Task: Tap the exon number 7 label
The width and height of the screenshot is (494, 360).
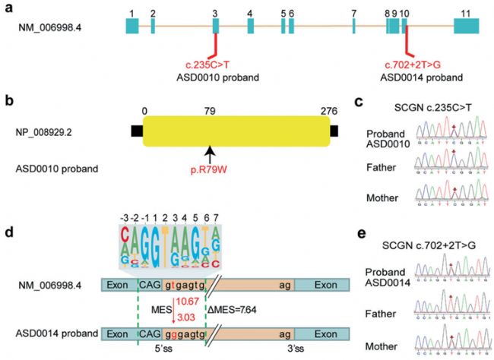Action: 354,14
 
